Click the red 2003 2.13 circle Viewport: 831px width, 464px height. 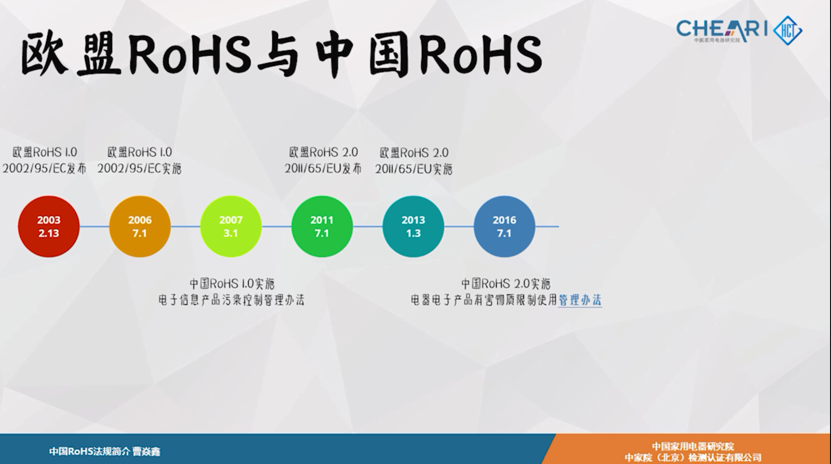49,226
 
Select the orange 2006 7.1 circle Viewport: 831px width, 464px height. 140,226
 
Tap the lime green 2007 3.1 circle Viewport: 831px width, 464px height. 231,226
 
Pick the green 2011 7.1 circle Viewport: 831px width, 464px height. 322,226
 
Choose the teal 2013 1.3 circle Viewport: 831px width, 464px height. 413,226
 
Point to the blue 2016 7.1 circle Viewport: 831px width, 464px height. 505,226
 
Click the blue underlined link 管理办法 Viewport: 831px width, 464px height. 580,300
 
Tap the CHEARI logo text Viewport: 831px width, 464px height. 722,29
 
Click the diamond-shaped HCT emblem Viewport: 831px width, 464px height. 788,31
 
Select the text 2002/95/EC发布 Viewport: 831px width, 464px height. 45,169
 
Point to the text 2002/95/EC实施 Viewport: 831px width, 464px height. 139,169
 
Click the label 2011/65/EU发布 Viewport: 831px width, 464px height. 323,169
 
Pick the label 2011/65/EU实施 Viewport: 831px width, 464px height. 414,169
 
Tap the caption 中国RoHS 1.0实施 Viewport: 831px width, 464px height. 232,284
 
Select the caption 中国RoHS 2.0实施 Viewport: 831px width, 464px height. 506,284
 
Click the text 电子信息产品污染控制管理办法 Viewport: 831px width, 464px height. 232,300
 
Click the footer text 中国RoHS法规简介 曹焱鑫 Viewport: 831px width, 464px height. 105,451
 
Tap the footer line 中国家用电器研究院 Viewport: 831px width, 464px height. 693,446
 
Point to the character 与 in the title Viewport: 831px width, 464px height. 279,55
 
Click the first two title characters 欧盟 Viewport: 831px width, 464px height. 71,54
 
